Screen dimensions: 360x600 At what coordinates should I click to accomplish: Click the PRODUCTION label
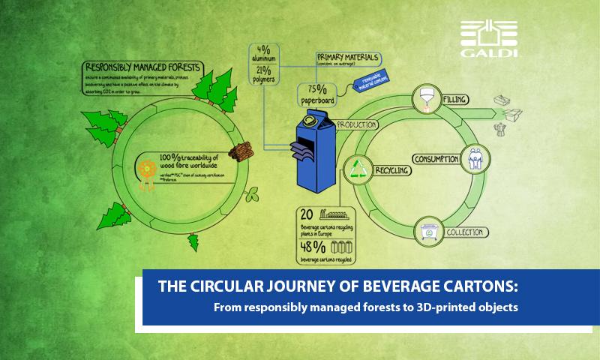pyautogui.click(x=356, y=125)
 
